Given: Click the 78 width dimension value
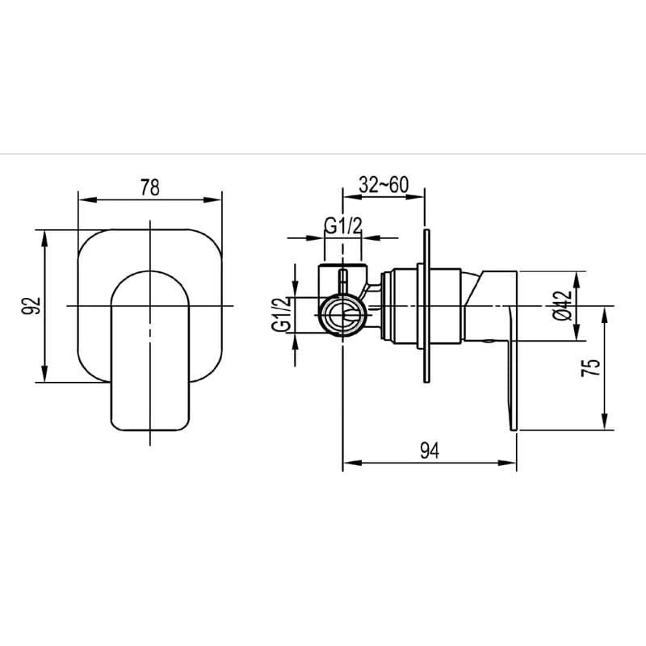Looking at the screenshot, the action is pyautogui.click(x=150, y=187).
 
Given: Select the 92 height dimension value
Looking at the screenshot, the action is pyautogui.click(x=31, y=306).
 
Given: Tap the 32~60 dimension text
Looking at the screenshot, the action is pyautogui.click(x=384, y=185).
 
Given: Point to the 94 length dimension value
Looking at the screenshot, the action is pyautogui.click(x=430, y=451).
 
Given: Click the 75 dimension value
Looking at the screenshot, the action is pyautogui.click(x=591, y=367).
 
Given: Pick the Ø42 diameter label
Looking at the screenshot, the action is pyautogui.click(x=563, y=306).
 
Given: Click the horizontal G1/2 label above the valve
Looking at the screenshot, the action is pyautogui.click(x=343, y=226).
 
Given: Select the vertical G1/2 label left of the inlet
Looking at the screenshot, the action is pyautogui.click(x=281, y=314).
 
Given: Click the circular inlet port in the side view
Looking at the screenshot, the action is pyautogui.click(x=343, y=315).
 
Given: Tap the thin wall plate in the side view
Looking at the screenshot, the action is pyautogui.click(x=427, y=306).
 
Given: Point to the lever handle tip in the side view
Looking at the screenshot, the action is pyautogui.click(x=514, y=429).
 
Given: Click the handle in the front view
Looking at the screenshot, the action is pyautogui.click(x=150, y=350).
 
